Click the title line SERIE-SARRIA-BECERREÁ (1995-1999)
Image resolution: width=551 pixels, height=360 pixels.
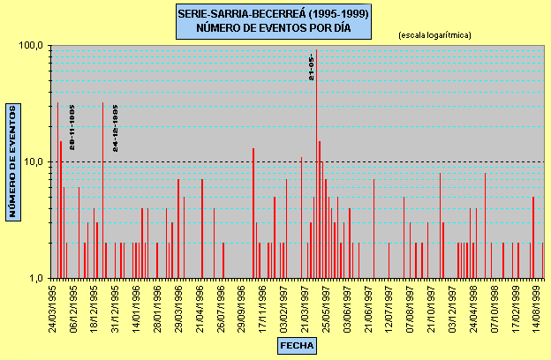pos(274,14)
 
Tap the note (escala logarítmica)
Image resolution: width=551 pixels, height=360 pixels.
pos(434,35)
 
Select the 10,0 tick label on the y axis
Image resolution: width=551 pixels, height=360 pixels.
pos(34,161)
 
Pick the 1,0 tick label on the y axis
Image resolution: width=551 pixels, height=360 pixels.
pos(35,278)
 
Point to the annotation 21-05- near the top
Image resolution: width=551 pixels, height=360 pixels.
pos(311,67)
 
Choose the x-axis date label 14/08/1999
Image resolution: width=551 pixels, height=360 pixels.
pos(538,306)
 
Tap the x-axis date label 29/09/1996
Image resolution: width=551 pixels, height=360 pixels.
pos(240,306)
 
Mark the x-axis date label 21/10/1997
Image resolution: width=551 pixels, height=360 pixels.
pos(434,306)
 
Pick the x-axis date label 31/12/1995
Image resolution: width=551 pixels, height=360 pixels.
pos(116,306)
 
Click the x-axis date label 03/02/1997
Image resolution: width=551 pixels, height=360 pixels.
pos(283,306)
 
